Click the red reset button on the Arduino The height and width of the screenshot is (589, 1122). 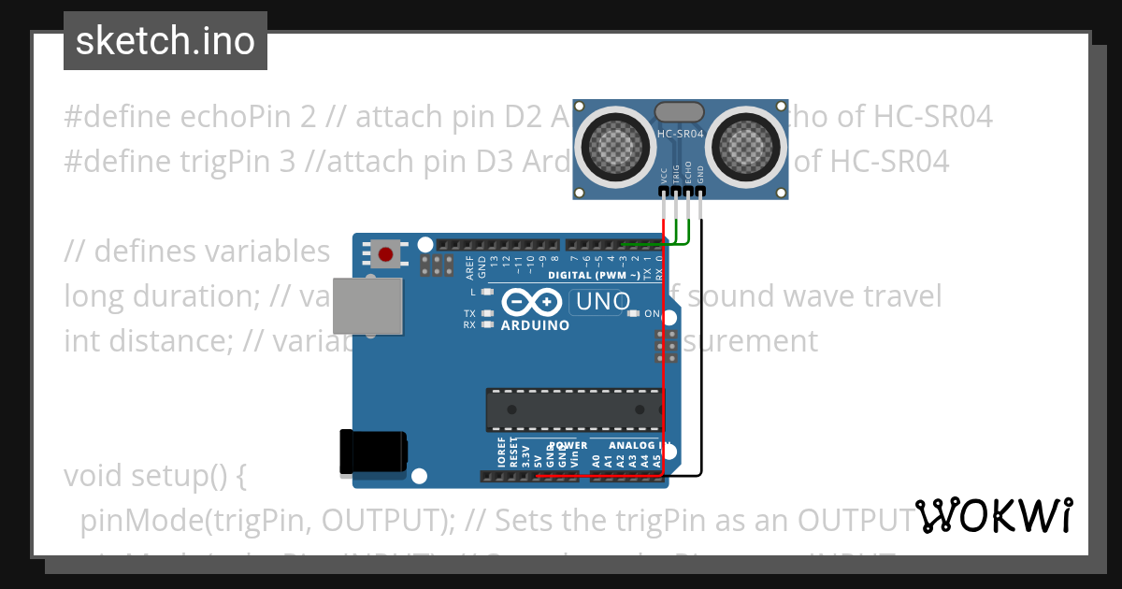(384, 252)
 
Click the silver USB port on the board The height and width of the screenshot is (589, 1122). (367, 306)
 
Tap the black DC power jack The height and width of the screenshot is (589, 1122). (371, 451)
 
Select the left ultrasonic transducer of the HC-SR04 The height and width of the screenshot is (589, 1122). (616, 144)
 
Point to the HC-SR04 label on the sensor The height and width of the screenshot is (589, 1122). (681, 134)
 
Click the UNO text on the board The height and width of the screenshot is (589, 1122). (597, 302)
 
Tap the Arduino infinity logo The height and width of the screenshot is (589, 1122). (531, 302)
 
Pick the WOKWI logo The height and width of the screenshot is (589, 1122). (994, 516)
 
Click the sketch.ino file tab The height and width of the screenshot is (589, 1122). (165, 41)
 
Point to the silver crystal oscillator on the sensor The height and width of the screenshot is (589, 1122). (680, 112)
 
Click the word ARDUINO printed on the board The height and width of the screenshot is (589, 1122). (535, 325)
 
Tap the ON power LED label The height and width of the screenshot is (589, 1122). (652, 314)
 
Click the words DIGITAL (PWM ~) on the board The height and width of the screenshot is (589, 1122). (594, 275)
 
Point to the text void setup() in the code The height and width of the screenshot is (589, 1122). (155, 476)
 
